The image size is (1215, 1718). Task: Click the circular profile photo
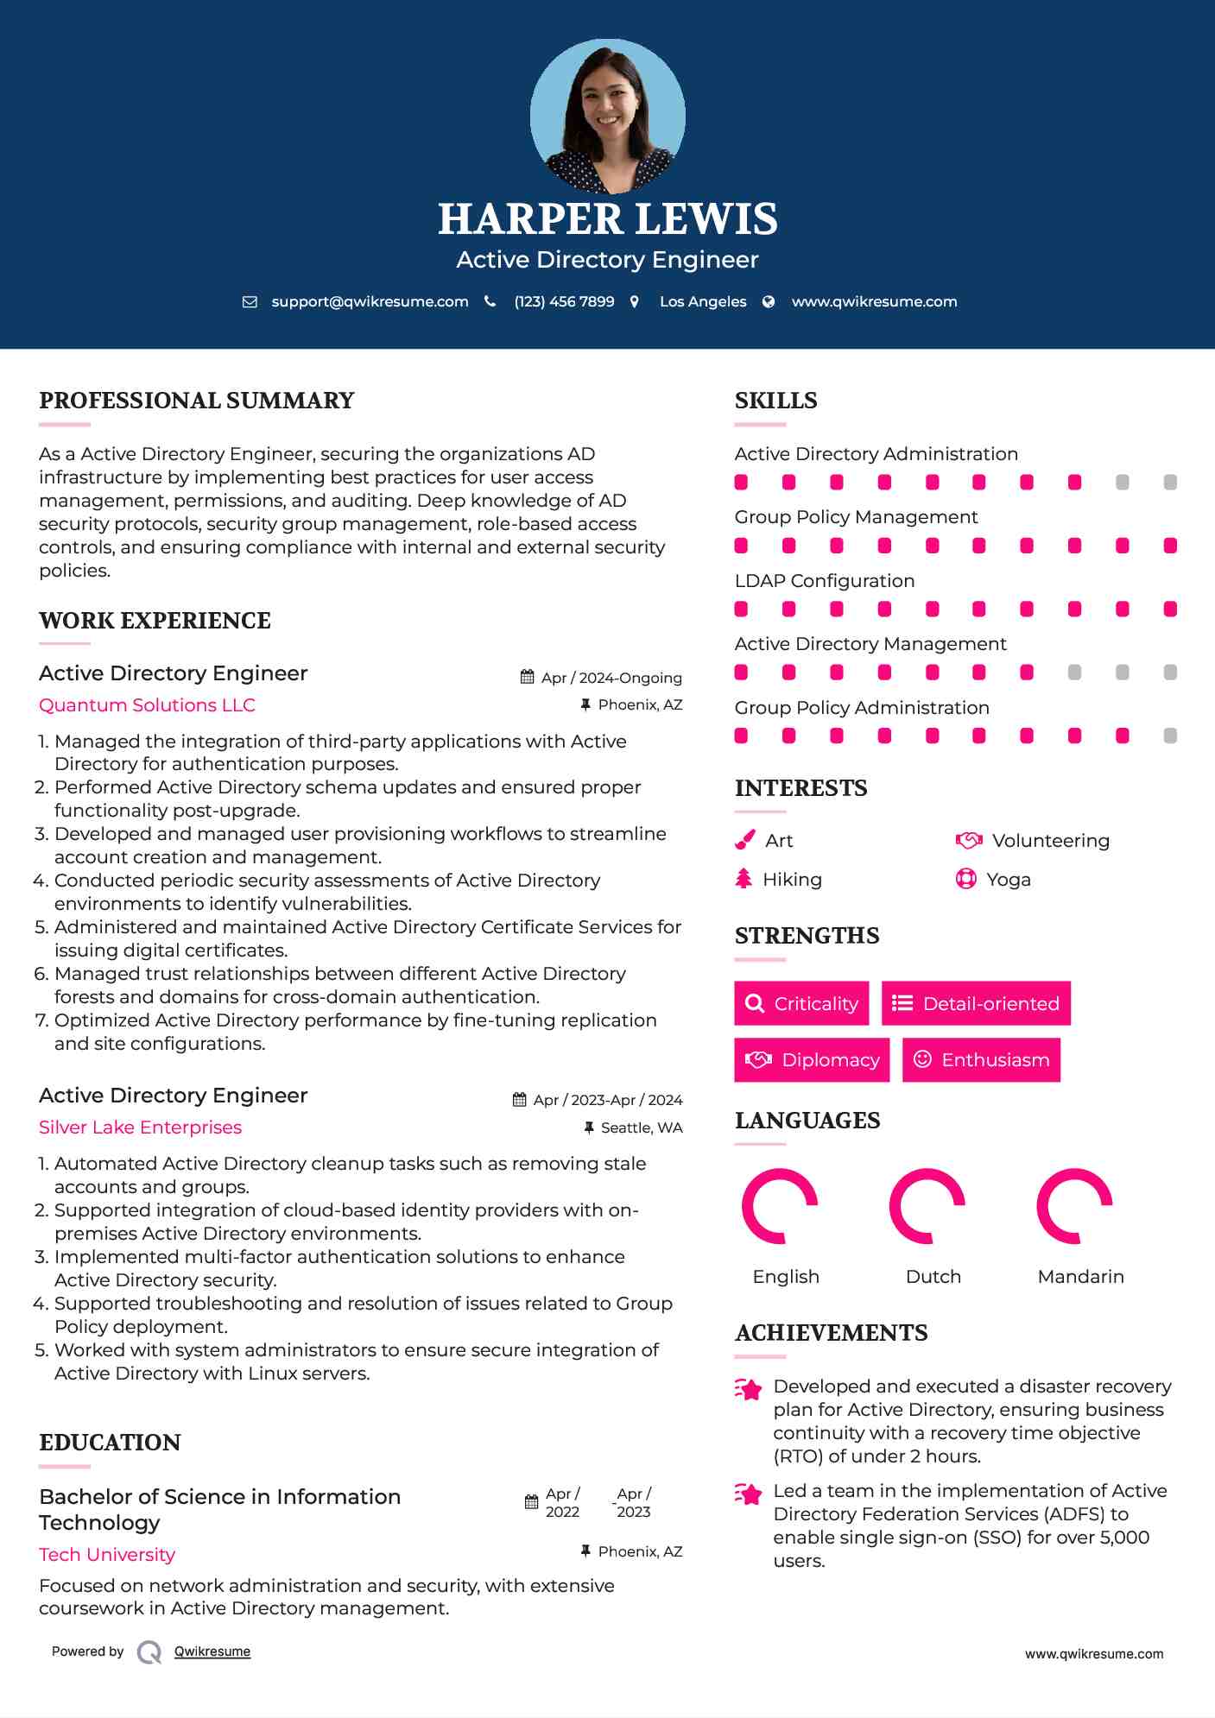607,116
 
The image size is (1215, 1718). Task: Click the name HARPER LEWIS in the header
607,218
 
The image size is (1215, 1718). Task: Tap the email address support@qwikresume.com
370,301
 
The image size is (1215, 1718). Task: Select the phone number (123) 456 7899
564,301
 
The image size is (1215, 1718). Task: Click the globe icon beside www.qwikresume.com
769,301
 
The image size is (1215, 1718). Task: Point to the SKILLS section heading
775,401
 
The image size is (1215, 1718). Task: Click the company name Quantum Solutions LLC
147,704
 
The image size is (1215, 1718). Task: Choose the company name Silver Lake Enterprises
140,1127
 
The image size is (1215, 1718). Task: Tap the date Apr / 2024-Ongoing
611,678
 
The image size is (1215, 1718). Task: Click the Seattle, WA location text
641,1127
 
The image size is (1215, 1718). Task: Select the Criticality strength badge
801,1003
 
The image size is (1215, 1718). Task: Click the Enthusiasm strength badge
981,1059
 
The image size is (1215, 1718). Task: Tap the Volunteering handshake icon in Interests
969,840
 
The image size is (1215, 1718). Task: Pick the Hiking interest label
792,879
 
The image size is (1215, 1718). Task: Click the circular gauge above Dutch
927,1206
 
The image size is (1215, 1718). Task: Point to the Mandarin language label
1080,1276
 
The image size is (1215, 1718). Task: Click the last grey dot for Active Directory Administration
1170,482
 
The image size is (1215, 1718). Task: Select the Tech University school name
107,1554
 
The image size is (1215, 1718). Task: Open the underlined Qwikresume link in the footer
212,1652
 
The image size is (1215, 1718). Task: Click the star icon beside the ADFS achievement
749,1494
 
